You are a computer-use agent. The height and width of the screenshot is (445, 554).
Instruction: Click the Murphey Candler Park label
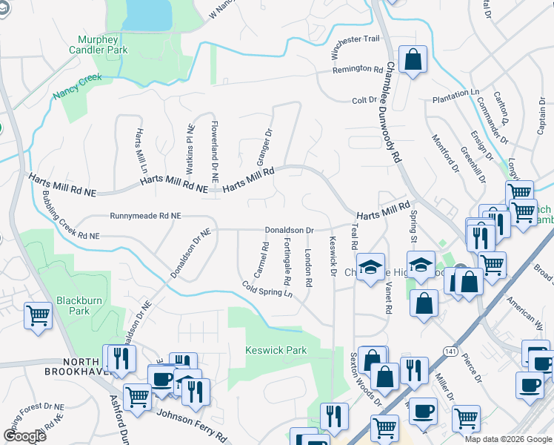pyautogui.click(x=103, y=44)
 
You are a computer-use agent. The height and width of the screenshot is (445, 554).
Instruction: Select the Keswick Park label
pyautogui.click(x=276, y=349)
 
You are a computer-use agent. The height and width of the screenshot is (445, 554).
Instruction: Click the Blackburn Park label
pyautogui.click(x=73, y=306)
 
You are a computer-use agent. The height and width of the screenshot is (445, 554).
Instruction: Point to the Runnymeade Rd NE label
pyautogui.click(x=145, y=216)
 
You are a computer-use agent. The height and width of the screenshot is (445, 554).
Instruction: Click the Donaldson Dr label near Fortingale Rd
pyautogui.click(x=290, y=231)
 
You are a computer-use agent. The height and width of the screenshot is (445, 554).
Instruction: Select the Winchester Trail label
pyautogui.click(x=356, y=49)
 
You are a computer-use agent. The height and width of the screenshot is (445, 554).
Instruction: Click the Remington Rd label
pyautogui.click(x=357, y=68)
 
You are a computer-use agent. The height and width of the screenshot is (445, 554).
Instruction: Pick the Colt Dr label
pyautogui.click(x=364, y=100)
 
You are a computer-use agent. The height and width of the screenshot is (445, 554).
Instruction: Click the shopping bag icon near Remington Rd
pyautogui.click(x=413, y=59)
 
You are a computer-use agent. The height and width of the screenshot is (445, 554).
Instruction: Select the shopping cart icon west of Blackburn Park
pyautogui.click(x=37, y=315)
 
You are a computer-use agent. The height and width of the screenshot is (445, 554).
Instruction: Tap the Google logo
pyautogui.click(x=25, y=436)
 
